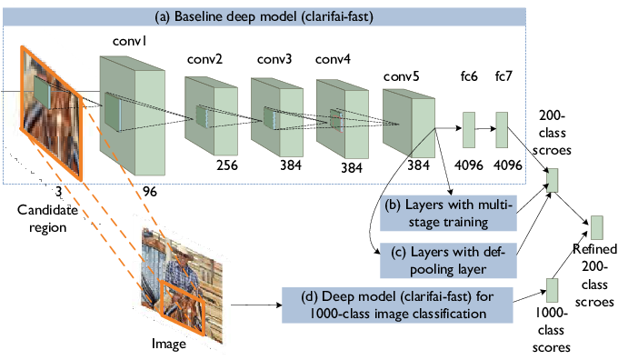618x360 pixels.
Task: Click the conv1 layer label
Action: (129, 41)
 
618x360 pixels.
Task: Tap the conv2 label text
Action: (204, 59)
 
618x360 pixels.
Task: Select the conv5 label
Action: (401, 76)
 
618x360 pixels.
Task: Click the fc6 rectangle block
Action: (469, 130)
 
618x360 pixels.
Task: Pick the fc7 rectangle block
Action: (502, 130)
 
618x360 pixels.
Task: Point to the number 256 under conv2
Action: (227, 165)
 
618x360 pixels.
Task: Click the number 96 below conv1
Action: (150, 192)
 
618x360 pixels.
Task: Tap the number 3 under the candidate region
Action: (58, 192)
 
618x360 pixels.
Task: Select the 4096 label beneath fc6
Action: (469, 165)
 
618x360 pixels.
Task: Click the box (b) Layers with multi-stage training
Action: (448, 213)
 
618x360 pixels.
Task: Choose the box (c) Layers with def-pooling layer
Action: (448, 260)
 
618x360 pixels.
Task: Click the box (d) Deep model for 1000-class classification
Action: (397, 305)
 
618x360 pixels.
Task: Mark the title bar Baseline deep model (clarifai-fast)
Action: (264, 16)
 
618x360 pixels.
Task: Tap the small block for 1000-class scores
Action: (552, 290)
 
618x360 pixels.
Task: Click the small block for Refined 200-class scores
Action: (597, 227)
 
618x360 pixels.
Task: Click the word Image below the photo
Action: (169, 344)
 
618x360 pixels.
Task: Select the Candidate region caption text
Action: (47, 218)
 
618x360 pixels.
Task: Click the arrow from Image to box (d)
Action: (256, 305)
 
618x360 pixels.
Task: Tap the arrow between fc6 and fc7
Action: (485, 128)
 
